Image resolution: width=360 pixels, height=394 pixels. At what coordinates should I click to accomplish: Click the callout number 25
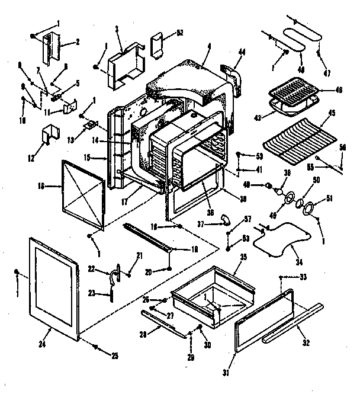click(x=114, y=355)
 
